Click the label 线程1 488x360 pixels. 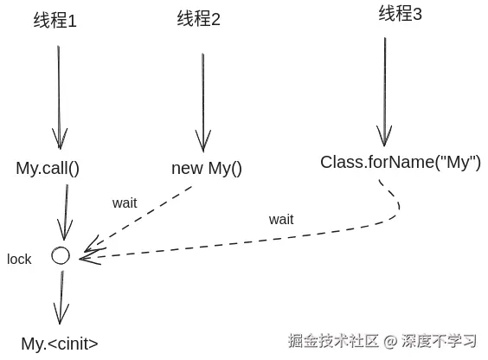pyautogui.click(x=55, y=21)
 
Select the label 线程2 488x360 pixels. pyautogui.click(x=199, y=19)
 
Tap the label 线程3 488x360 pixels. pyautogui.click(x=401, y=15)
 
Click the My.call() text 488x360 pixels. pyautogui.click(x=48, y=168)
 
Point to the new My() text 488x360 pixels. pyautogui.click(x=207, y=168)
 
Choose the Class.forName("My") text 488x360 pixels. pyautogui.click(x=401, y=162)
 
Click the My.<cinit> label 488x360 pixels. pyautogui.click(x=60, y=344)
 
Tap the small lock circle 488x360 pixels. pyautogui.click(x=60, y=255)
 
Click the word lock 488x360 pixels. pyautogui.click(x=19, y=259)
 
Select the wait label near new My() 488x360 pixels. pyautogui.click(x=125, y=202)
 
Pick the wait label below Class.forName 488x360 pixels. pyautogui.click(x=280, y=219)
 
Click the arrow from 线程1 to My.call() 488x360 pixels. pyautogui.click(x=59, y=95)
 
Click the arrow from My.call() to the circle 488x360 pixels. pyautogui.click(x=64, y=212)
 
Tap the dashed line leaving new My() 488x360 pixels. pyautogui.click(x=143, y=218)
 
